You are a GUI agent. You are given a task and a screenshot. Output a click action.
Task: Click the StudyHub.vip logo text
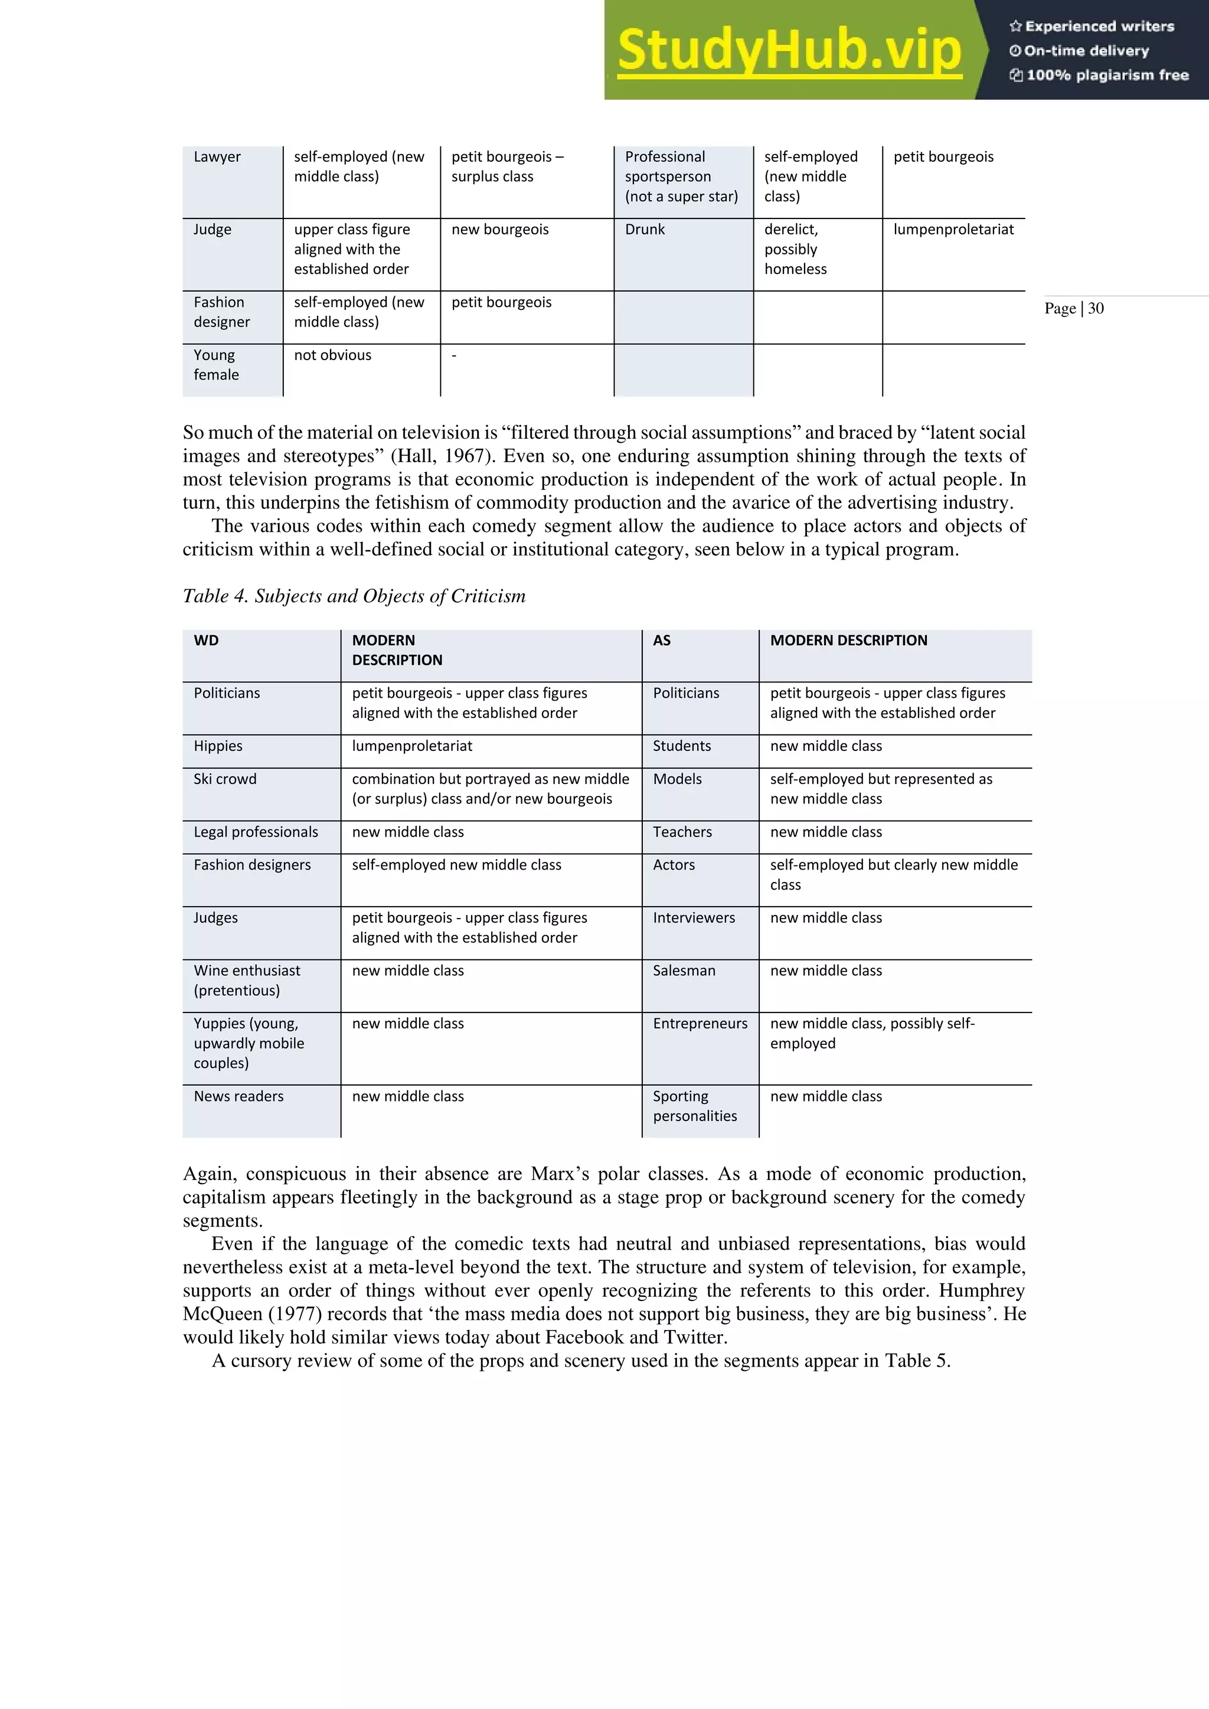(789, 51)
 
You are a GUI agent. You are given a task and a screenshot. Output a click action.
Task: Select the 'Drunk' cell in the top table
(645, 229)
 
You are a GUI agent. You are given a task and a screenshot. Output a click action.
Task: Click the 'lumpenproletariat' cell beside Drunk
(953, 229)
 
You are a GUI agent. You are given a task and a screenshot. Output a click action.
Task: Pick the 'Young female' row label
(216, 365)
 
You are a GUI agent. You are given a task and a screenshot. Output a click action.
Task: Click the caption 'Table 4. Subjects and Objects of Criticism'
(354, 596)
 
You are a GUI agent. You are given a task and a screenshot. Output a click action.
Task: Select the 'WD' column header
(206, 640)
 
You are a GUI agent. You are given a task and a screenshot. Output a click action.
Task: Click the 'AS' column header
(661, 640)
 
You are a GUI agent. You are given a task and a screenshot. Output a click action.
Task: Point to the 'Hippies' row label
(218, 746)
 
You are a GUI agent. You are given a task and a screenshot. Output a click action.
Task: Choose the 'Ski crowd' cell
(225, 779)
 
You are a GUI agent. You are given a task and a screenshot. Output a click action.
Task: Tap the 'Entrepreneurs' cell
(700, 1024)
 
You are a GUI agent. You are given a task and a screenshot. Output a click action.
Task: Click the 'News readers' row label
(238, 1096)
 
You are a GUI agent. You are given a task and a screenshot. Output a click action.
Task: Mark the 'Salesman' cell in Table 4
(684, 970)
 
